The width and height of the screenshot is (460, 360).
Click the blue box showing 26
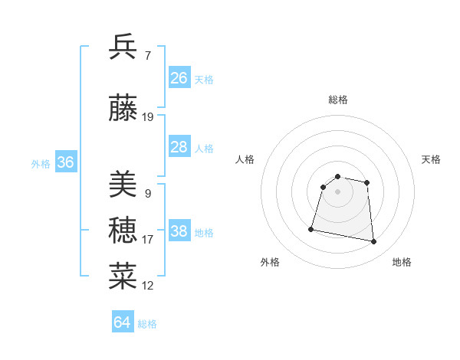click(x=179, y=78)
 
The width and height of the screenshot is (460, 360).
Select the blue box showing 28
click(x=179, y=147)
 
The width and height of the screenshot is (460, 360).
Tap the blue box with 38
click(x=179, y=231)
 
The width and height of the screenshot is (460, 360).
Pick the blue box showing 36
click(x=65, y=162)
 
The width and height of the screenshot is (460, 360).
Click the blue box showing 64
click(x=123, y=322)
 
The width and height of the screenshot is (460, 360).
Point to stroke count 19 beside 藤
click(x=148, y=117)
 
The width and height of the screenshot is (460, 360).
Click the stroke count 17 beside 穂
click(x=147, y=240)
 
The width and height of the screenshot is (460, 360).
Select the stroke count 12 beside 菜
click(x=147, y=286)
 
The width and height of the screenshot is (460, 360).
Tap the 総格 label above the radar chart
click(x=338, y=100)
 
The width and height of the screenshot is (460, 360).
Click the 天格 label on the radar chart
click(x=431, y=159)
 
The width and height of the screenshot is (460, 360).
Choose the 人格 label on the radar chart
click(x=245, y=159)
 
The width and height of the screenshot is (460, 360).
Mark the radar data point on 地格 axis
click(x=374, y=242)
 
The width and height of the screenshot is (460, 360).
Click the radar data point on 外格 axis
click(x=311, y=228)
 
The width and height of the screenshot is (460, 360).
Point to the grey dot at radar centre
click(x=338, y=191)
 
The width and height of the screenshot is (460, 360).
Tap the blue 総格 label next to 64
click(x=147, y=324)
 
